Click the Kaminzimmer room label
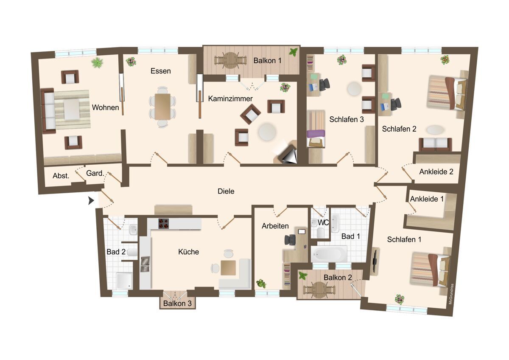[x=230, y=98]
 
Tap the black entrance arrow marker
[x=91, y=200]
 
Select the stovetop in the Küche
[x=164, y=224]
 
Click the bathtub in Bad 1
[x=329, y=253]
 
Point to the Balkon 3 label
[x=177, y=304]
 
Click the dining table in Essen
[x=163, y=107]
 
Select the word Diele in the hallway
[x=226, y=191]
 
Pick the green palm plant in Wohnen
[x=97, y=62]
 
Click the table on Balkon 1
[x=230, y=60]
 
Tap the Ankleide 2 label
[x=436, y=172]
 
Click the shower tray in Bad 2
[x=124, y=281]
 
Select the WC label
[x=323, y=222]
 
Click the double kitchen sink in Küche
[x=145, y=264]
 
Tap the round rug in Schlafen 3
[x=354, y=89]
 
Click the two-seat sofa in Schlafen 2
[x=435, y=144]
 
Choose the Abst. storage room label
[x=61, y=176]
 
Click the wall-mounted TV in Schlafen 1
[x=375, y=260]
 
